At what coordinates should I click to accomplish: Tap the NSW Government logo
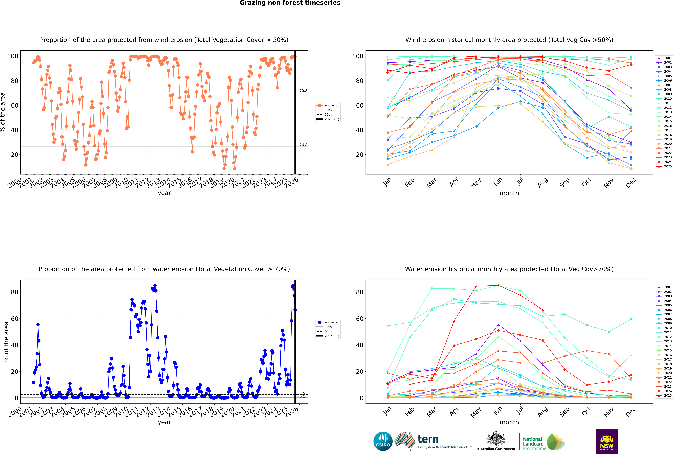point(607,441)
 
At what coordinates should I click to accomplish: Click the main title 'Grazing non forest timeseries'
point(290,3)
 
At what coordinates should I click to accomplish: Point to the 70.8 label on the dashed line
point(303,91)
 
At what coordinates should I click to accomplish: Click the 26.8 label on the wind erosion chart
point(303,145)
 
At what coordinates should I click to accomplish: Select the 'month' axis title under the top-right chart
point(509,193)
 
